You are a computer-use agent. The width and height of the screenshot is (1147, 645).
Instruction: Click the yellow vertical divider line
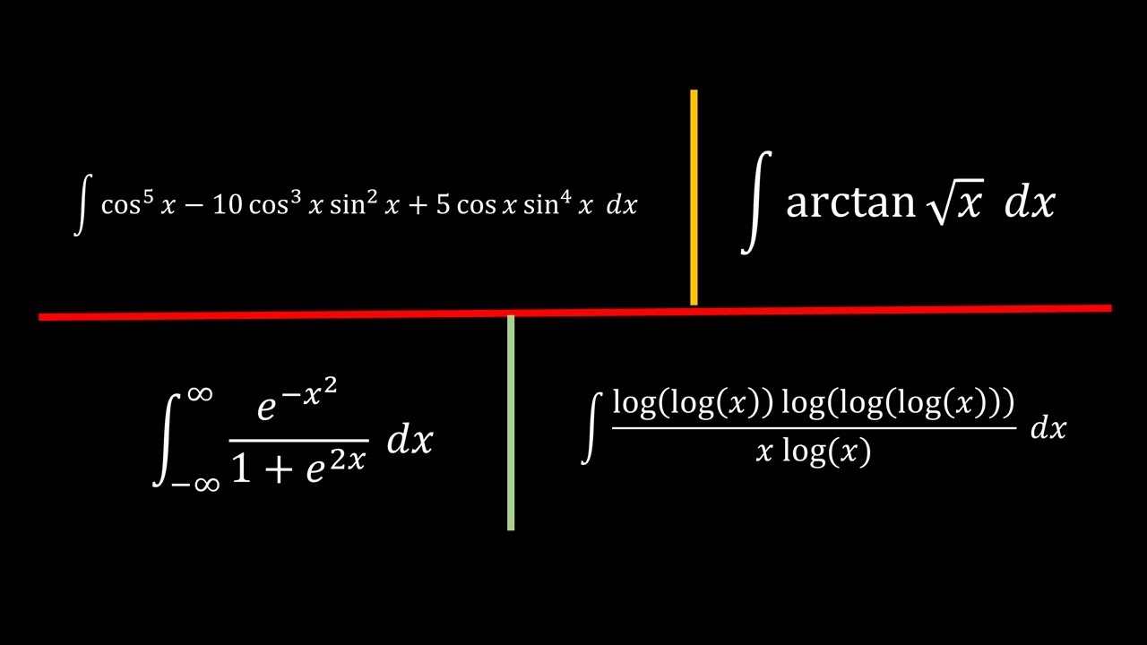[x=694, y=197]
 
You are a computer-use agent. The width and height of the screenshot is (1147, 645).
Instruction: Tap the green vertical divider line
[x=511, y=423]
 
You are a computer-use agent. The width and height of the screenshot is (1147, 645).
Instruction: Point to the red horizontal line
[x=575, y=313]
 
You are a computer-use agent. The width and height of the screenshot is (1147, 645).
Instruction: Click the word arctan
[x=850, y=202]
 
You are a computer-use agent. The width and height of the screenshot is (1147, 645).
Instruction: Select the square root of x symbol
[x=955, y=202]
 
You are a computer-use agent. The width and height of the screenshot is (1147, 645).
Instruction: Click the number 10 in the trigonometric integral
[x=227, y=205]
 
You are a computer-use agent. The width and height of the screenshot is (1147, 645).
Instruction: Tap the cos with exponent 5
[x=127, y=203]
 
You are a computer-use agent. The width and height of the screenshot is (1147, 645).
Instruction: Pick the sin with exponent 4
[x=547, y=203]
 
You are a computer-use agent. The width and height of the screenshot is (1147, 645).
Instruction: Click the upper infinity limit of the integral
[x=200, y=394]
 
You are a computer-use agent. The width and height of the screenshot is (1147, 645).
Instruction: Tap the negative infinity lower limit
[x=195, y=484]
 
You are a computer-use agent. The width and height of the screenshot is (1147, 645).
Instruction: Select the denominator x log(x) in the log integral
[x=813, y=451]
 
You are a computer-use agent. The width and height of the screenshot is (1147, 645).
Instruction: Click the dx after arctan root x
[x=1030, y=202]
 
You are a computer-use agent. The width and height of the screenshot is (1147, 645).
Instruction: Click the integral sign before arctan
[x=756, y=202]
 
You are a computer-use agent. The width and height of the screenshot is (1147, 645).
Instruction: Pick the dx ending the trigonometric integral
[x=622, y=205]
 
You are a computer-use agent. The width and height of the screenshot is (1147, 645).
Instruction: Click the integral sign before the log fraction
[x=591, y=428]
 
